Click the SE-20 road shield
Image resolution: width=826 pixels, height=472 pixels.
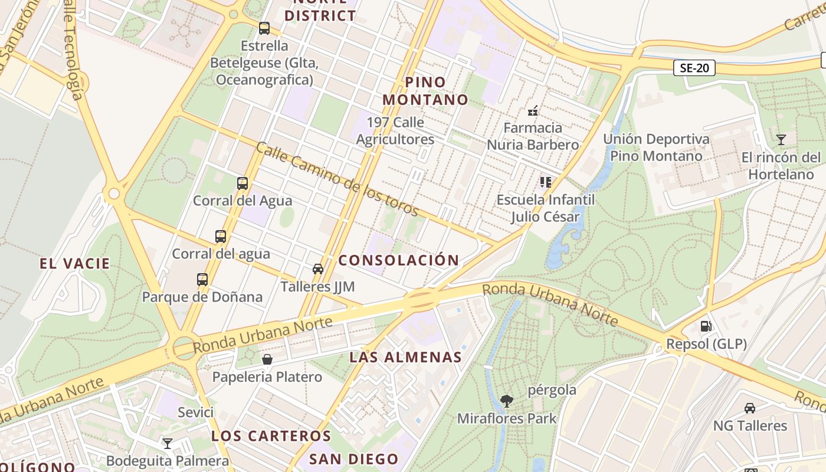[x=694, y=68]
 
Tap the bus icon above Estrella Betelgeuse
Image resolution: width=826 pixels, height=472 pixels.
[x=264, y=28]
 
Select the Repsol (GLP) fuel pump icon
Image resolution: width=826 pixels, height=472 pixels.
[x=706, y=326]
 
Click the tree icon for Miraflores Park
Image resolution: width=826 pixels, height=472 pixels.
[x=506, y=401]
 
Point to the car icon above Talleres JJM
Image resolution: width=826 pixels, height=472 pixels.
[x=318, y=269]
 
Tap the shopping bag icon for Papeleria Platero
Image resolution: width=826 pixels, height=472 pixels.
[x=267, y=359]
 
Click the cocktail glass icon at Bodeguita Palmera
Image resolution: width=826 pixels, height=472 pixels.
[x=168, y=443]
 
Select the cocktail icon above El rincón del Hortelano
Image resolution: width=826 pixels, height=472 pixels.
[x=781, y=140]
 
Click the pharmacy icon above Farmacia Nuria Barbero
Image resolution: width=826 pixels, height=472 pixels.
[x=533, y=110]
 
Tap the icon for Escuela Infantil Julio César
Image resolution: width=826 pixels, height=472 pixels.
[x=545, y=182]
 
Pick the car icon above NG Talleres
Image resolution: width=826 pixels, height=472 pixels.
[x=749, y=408]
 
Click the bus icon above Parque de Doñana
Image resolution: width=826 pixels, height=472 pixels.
[x=202, y=279]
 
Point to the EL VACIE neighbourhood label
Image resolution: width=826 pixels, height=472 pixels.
[x=75, y=264]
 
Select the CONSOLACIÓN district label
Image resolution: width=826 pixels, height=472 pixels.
[x=399, y=260]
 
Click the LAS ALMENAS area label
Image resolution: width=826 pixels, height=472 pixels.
[x=405, y=357]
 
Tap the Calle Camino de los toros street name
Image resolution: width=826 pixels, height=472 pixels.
[x=337, y=180]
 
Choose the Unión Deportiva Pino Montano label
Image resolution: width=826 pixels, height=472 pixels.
[x=656, y=147]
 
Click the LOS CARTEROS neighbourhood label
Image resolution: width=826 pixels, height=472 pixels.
[x=271, y=436]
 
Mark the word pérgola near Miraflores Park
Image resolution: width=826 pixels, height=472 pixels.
[x=552, y=390]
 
